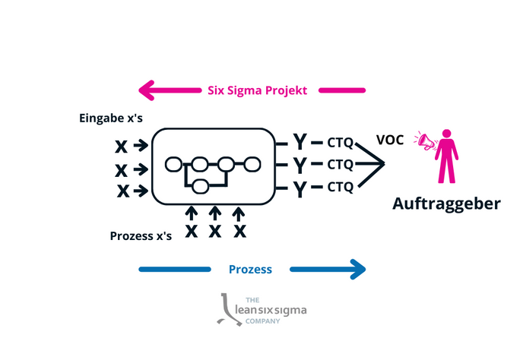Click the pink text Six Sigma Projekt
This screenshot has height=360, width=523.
coord(257,90)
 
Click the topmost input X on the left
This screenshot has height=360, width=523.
coord(122,145)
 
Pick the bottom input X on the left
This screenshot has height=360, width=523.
coord(122,190)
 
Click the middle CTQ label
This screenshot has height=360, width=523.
coord(340,164)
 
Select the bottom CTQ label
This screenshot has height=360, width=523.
coord(340,187)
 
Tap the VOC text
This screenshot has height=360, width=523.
coord(390,140)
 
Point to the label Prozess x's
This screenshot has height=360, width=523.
coord(141,235)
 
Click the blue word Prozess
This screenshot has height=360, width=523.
coord(250,269)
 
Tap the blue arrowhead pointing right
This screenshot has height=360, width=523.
coord(356,269)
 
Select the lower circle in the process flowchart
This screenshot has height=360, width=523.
coord(201,186)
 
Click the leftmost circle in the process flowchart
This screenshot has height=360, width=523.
coord(174,163)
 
